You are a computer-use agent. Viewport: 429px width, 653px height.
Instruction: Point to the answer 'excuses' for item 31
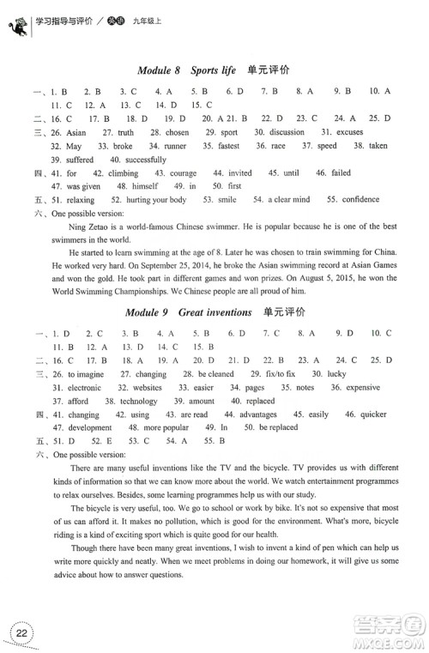(x=338, y=133)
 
